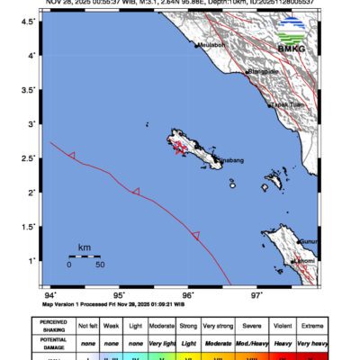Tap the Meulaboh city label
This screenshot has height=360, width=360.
(211, 43)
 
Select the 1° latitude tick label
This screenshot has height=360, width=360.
(34, 260)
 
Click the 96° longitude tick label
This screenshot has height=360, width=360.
(188, 294)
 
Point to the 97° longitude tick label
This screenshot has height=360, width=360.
(257, 294)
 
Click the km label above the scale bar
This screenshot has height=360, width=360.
(84, 247)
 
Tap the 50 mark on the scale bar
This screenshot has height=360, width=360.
(100, 265)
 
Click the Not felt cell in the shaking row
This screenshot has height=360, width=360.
(88, 326)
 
